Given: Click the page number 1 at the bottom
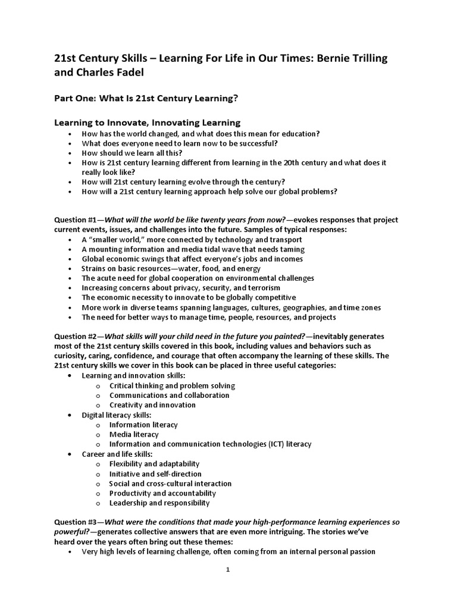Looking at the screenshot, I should [x=228, y=569].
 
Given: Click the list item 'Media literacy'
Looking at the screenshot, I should [x=134, y=434].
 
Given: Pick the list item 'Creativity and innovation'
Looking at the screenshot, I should [x=152, y=405].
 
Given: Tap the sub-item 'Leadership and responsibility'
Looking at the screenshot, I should [x=159, y=503].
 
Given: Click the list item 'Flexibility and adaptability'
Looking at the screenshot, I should [x=154, y=463].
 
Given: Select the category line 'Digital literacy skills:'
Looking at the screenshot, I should [x=117, y=415].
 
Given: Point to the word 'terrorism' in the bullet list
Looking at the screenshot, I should [x=263, y=288].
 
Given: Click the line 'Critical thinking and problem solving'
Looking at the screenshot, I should [x=172, y=385].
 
